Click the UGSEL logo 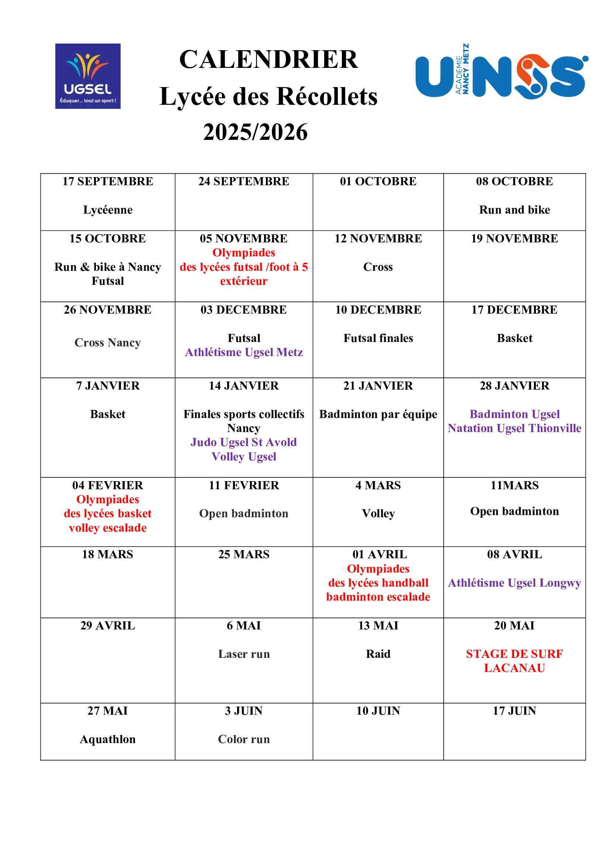point(88,76)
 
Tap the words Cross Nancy point(107,342)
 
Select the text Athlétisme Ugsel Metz point(244,352)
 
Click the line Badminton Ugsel point(514,414)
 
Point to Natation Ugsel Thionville point(514,428)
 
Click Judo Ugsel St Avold point(244,442)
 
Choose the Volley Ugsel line point(244,456)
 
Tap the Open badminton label point(244,514)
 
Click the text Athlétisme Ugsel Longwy point(514,583)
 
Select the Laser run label point(244,654)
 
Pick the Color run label point(244,739)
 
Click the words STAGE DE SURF point(514,654)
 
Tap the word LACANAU point(514,668)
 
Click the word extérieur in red point(244,281)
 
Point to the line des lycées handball point(378,583)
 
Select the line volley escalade point(107,528)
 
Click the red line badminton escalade point(378,597)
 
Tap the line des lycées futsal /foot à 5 point(244,267)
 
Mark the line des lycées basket point(107,514)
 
